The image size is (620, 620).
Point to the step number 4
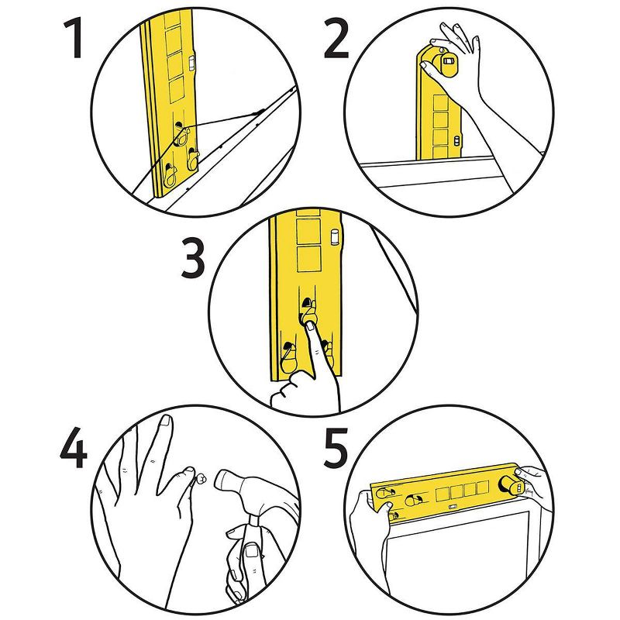click(x=74, y=446)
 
